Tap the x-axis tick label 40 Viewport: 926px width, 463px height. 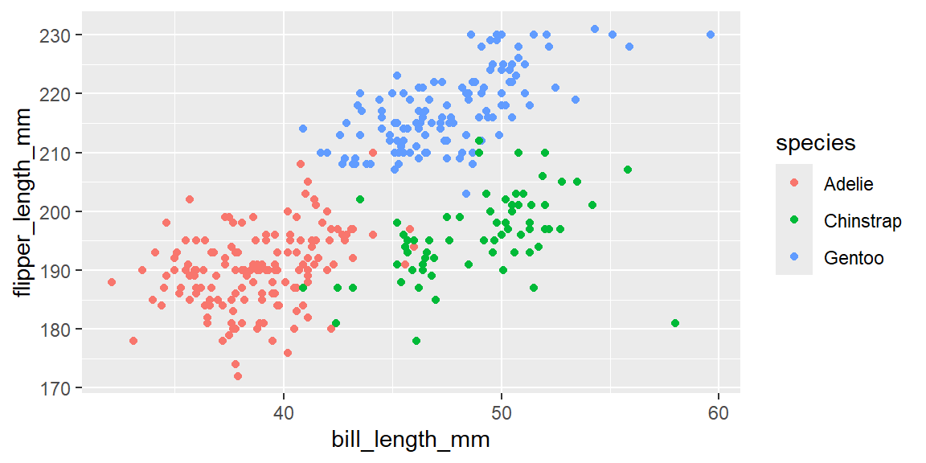click(x=284, y=412)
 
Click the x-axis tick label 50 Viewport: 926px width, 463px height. click(x=501, y=412)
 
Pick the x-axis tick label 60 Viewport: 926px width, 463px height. click(x=719, y=412)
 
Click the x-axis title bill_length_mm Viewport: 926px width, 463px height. click(x=411, y=440)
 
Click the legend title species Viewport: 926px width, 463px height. click(x=815, y=143)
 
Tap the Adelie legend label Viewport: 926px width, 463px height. click(x=848, y=184)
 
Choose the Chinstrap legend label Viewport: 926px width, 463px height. click(x=862, y=221)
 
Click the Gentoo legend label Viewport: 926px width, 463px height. click(x=854, y=258)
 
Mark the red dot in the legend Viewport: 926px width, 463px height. click(x=794, y=184)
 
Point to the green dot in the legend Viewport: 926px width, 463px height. click(x=794, y=221)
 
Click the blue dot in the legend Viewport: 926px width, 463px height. click(x=794, y=258)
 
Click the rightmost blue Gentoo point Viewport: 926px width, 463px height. click(x=711, y=35)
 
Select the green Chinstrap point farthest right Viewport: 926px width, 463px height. click(x=675, y=323)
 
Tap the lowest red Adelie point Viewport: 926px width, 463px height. click(x=238, y=376)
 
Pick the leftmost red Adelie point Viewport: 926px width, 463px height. click(x=112, y=282)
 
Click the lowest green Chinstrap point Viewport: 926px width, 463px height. click(x=416, y=341)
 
